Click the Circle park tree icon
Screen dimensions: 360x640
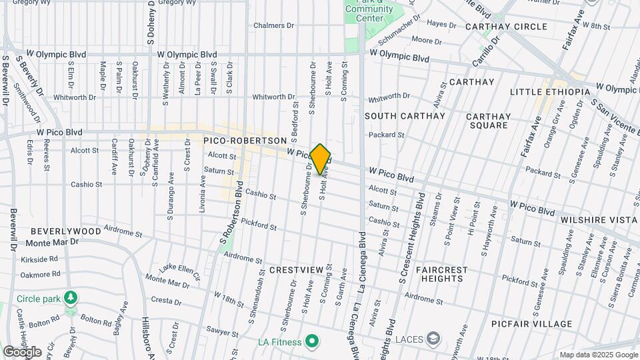pos(69,297)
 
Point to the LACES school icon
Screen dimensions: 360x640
pos(434,339)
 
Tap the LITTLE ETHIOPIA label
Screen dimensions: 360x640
pos(549,91)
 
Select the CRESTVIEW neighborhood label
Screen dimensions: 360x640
pos(297,269)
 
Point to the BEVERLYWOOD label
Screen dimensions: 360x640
pos(65,231)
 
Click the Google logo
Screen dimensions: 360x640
pos(22,352)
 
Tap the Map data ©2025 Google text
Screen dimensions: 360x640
pos(598,355)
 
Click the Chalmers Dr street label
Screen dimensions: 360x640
pos(273,25)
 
